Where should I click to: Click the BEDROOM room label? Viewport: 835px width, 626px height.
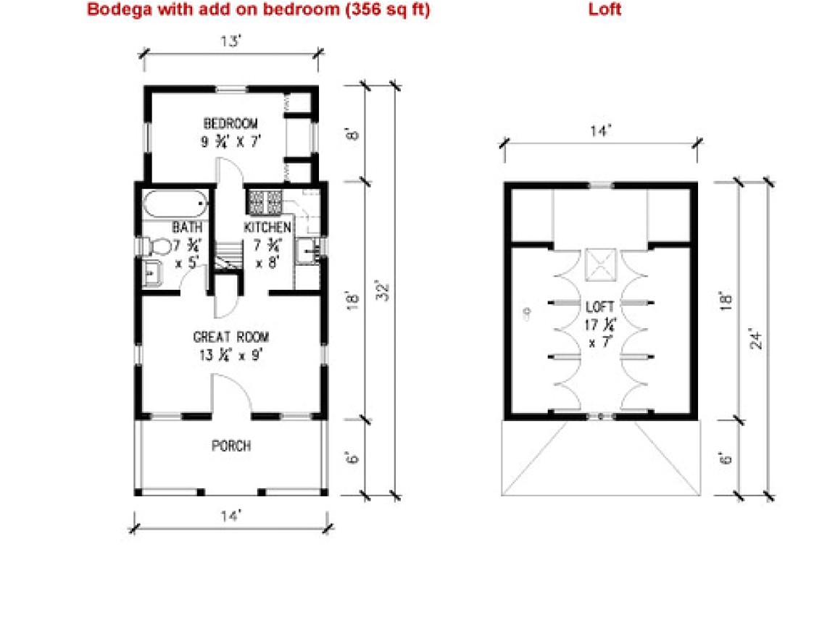(x=230, y=124)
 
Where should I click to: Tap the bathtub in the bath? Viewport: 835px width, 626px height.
(x=175, y=204)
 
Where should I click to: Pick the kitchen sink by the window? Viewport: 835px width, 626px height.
(x=309, y=252)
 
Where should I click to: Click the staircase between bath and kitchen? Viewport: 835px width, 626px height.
(x=227, y=256)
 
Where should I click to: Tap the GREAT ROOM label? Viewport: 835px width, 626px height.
(x=231, y=337)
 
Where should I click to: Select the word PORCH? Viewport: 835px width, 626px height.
(x=231, y=446)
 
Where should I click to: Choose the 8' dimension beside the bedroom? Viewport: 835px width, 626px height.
(x=352, y=134)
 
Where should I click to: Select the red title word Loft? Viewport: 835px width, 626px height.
(x=605, y=10)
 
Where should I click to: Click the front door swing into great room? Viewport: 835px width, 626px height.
(x=230, y=395)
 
